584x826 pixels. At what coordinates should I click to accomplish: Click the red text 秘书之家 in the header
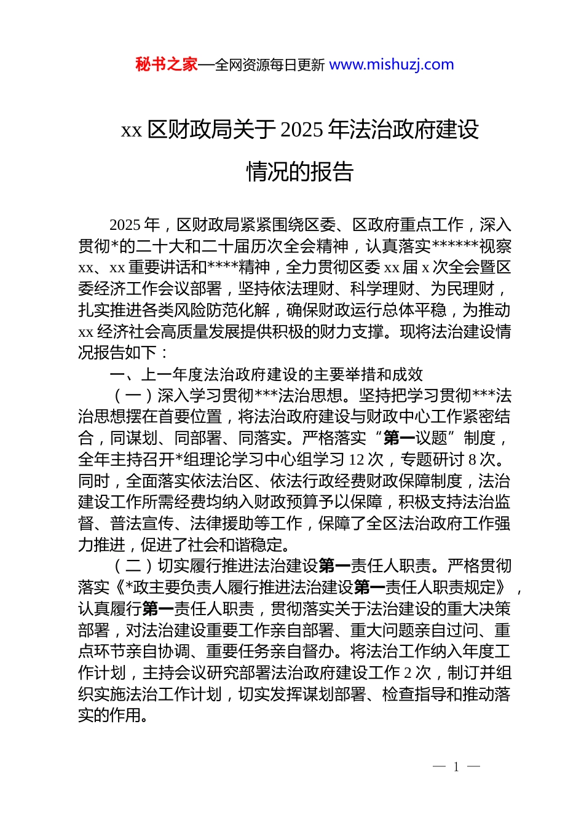coord(166,65)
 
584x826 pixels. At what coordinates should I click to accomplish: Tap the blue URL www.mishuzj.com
coord(392,65)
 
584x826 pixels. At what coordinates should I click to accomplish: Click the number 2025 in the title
coord(301,130)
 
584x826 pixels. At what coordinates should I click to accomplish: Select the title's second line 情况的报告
coord(300,172)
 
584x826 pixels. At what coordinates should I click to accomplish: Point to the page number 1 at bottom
coord(456,767)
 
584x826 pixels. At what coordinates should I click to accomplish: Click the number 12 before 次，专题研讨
coord(357,460)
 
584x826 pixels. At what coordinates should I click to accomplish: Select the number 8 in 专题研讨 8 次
coord(472,460)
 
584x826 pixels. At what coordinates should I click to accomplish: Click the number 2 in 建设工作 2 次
coord(408,673)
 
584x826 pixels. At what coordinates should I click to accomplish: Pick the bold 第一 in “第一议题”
coord(399,438)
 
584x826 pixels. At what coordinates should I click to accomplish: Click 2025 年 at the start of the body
coord(134,225)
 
